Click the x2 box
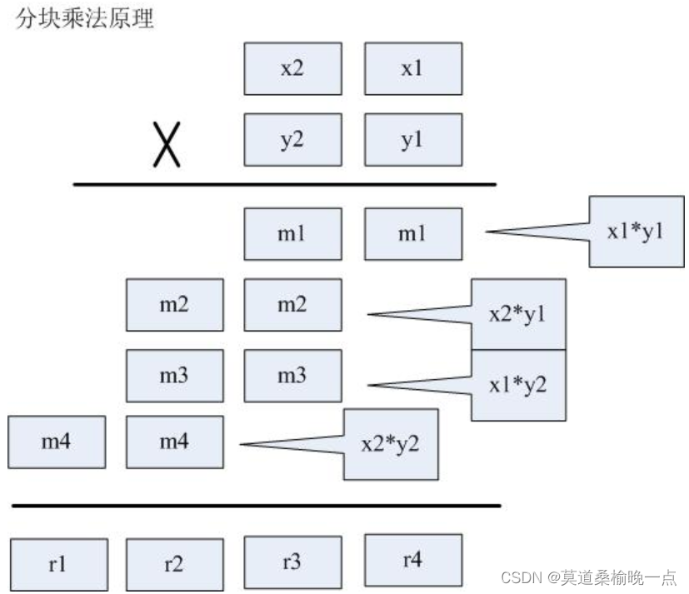pyautogui.click(x=292, y=69)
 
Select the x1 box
pyautogui.click(x=412, y=69)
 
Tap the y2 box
pyautogui.click(x=292, y=140)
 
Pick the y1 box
pyautogui.click(x=412, y=140)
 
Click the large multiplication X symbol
pyautogui.click(x=167, y=144)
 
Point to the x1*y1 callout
pyautogui.click(x=636, y=232)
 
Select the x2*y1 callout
pyautogui.click(x=518, y=315)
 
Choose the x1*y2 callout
pyautogui.click(x=518, y=385)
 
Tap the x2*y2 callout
pyautogui.click(x=391, y=444)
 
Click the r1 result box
pyautogui.click(x=58, y=564)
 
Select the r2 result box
pyautogui.click(x=174, y=564)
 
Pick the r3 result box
pyautogui.click(x=292, y=562)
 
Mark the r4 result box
pyautogui.click(x=412, y=559)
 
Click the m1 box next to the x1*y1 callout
pyautogui.click(x=412, y=234)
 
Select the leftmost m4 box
pyautogui.click(x=57, y=442)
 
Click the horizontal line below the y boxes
pyautogui.click(x=284, y=184)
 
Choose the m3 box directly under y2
pyautogui.click(x=292, y=376)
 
